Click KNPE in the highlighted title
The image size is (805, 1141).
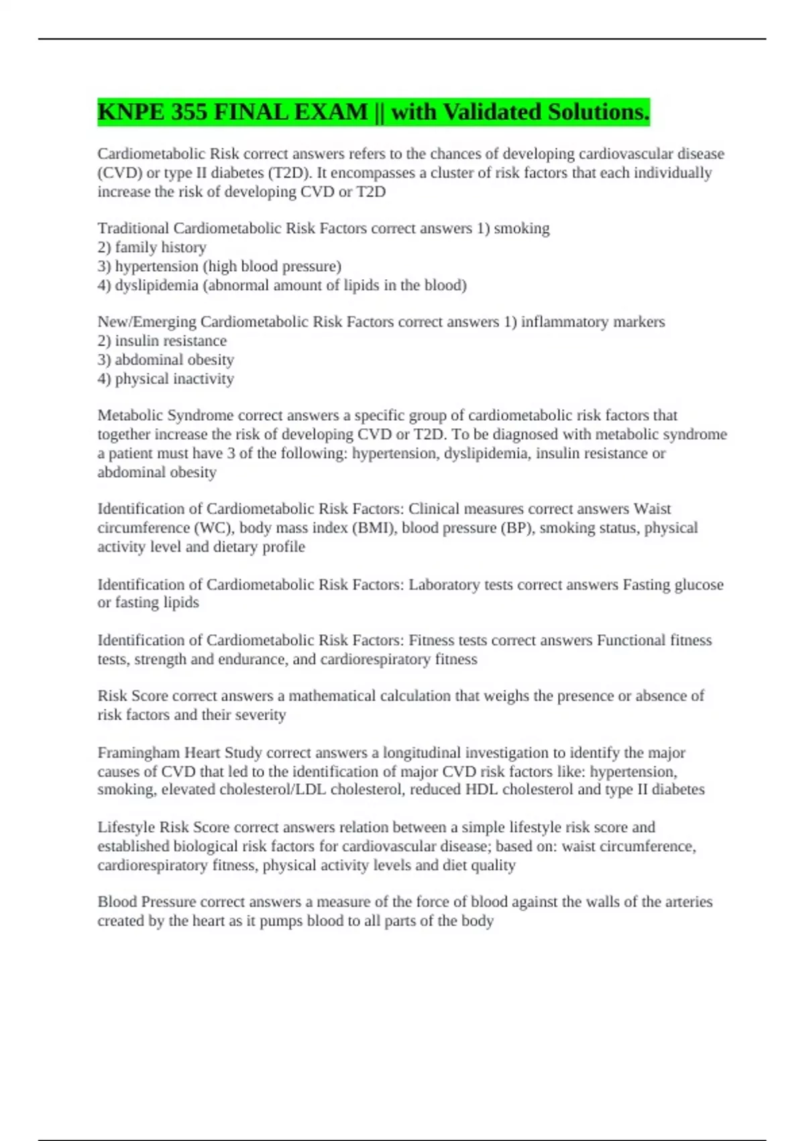click(x=130, y=111)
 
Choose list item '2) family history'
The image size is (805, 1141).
click(x=152, y=248)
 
